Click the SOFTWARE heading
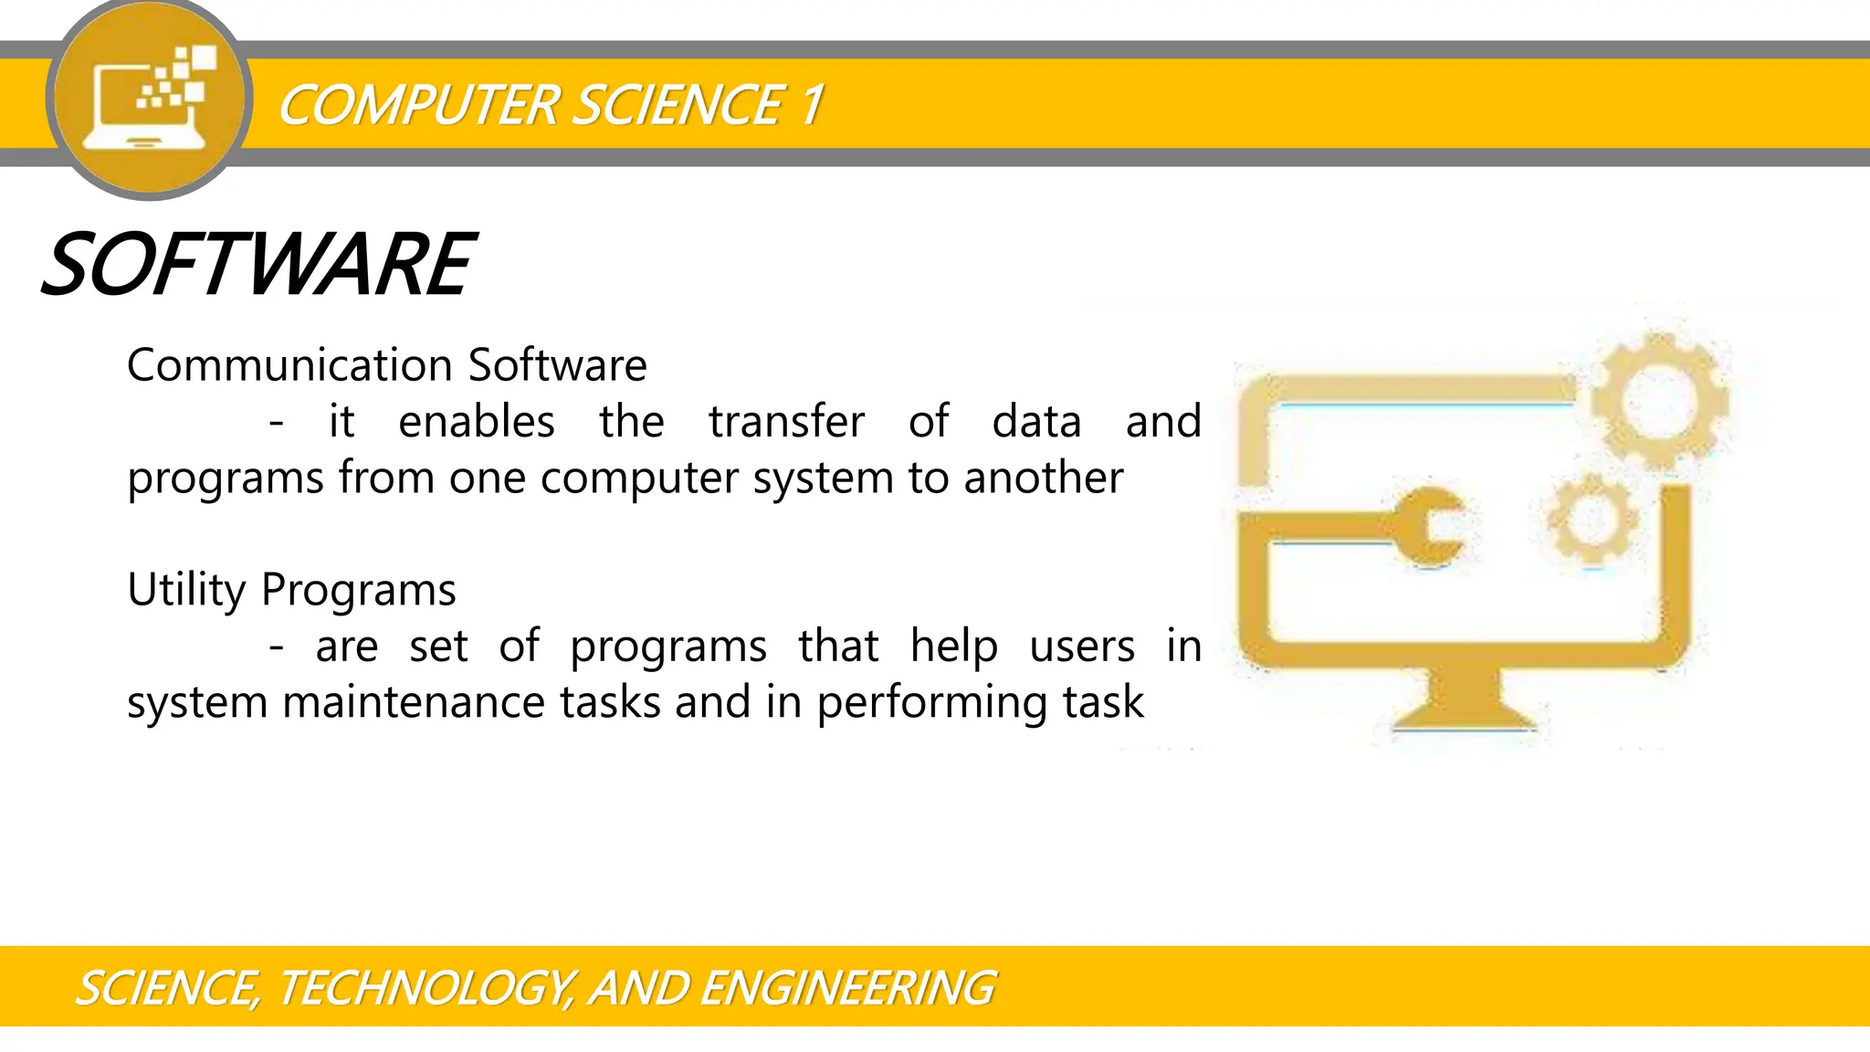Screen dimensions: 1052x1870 (x=258, y=265)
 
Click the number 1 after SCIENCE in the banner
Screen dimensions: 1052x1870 (x=812, y=105)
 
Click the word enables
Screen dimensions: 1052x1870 (x=477, y=422)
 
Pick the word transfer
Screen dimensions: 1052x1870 (x=786, y=422)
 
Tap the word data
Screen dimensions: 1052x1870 (x=1036, y=422)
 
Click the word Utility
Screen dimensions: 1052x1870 (x=186, y=590)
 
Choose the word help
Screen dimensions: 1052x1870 (x=954, y=647)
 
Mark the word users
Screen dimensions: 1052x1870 (x=1082, y=647)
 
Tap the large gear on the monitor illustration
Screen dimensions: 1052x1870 (x=1659, y=401)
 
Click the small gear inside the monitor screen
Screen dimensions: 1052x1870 (x=1592, y=519)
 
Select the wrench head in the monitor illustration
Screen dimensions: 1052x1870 (x=1431, y=528)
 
